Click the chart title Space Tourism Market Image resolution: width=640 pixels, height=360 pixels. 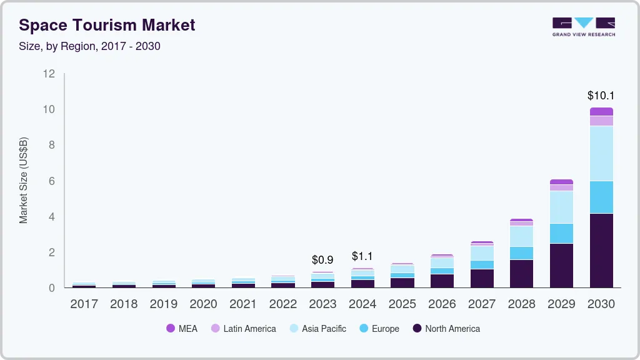click(107, 25)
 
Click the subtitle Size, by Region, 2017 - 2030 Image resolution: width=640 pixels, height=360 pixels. click(89, 46)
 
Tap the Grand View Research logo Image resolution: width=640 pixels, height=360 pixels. click(583, 26)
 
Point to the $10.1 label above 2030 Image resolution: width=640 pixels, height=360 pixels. click(601, 96)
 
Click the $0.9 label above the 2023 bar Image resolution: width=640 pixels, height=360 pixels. click(322, 259)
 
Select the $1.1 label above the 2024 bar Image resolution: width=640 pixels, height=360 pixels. click(362, 256)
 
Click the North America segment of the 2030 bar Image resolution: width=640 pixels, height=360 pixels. click(601, 250)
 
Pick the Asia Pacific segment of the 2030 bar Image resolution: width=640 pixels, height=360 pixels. click(601, 153)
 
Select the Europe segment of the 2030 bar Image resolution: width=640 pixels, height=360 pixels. click(601, 197)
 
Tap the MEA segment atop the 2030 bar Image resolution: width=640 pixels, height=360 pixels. click(601, 111)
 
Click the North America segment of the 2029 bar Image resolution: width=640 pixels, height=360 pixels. click(561, 265)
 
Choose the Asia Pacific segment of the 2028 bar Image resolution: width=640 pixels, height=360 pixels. click(521, 236)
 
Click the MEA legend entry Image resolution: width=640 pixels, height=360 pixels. click(182, 328)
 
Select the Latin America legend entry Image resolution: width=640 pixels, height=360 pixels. click(243, 328)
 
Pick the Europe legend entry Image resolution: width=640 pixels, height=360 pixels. click(379, 328)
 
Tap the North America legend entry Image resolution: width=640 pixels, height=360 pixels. click(446, 328)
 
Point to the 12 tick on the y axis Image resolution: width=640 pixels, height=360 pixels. click(49, 74)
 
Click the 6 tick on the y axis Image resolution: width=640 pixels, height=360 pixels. click(52, 181)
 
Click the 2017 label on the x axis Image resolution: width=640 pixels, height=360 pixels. click(84, 304)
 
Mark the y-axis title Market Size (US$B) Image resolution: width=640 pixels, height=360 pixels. click(24, 181)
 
